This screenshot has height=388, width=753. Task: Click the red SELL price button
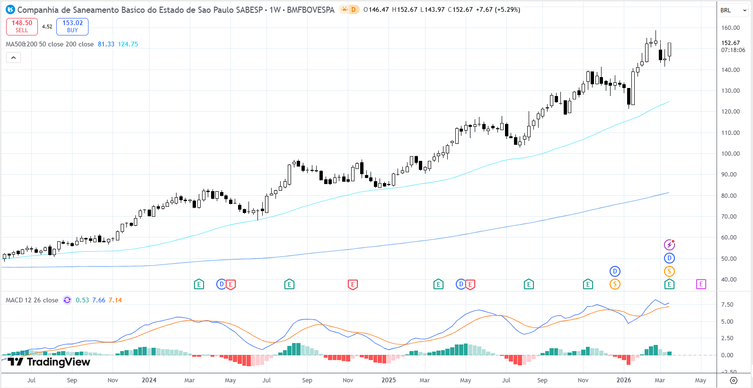(22, 26)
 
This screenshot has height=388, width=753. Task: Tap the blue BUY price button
(72, 26)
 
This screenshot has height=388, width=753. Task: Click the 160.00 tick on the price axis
(730, 28)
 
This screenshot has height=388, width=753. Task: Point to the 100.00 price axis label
(730, 154)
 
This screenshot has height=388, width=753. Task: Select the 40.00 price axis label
(730, 280)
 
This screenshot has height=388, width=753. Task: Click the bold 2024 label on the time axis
(149, 380)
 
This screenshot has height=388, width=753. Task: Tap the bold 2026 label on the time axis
(624, 380)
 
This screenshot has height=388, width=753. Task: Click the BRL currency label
(726, 10)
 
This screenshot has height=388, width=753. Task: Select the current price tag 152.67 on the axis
(731, 43)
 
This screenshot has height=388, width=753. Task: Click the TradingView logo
(49, 362)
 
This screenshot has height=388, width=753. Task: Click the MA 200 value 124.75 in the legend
(128, 44)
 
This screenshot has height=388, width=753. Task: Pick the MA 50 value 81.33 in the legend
(106, 44)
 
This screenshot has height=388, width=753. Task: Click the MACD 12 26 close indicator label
(32, 300)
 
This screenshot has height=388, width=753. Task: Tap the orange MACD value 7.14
(115, 300)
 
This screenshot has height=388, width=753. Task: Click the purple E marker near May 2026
(701, 284)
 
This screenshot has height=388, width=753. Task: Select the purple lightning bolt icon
(669, 245)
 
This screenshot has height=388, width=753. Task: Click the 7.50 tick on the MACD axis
(727, 305)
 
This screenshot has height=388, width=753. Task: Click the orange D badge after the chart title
(353, 9)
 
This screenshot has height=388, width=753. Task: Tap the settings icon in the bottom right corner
(734, 380)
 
